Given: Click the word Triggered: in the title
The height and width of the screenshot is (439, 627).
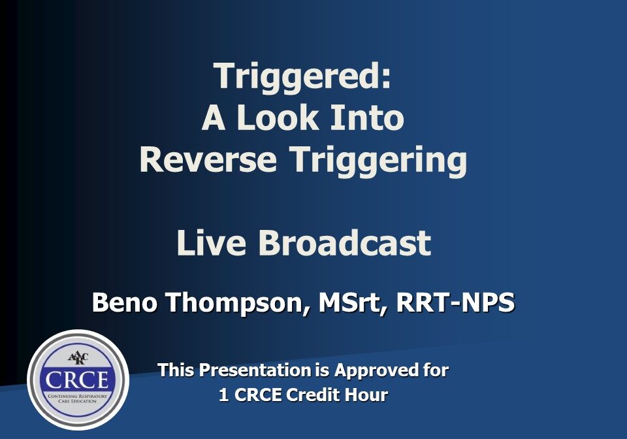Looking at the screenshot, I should pyautogui.click(x=303, y=77).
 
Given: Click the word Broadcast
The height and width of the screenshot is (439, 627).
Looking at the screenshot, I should pyautogui.click(x=345, y=243).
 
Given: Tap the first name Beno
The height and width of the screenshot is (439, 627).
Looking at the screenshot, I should pyautogui.click(x=124, y=302).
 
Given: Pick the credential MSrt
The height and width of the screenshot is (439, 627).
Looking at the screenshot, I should pyautogui.click(x=350, y=302).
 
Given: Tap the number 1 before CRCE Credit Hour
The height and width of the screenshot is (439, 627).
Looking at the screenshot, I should pyautogui.click(x=223, y=395).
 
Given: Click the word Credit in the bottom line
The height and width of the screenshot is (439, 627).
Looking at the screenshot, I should pyautogui.click(x=316, y=395).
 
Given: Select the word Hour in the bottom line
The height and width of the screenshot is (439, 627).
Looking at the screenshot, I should pyautogui.click(x=367, y=395).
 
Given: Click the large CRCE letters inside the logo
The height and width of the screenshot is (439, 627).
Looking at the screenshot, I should pyautogui.click(x=78, y=380).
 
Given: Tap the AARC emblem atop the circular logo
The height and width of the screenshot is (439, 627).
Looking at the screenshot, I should pyautogui.click(x=78, y=357).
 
